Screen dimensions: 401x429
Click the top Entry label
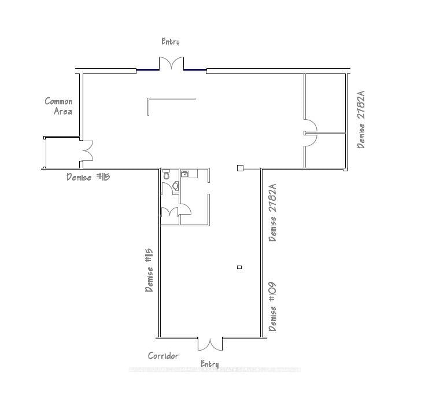coord(171,42)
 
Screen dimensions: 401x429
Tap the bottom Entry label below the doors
coord(209,364)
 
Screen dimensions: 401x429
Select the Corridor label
coord(163,356)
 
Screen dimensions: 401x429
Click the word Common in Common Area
coord(58,101)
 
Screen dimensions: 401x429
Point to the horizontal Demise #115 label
coord(88,177)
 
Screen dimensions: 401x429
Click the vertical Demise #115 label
coord(149,270)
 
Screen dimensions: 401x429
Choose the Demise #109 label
coord(272,306)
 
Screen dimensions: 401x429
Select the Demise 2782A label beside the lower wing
coord(272,212)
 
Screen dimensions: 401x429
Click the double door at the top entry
coord(171,64)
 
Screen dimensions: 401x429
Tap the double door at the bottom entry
coord(210,344)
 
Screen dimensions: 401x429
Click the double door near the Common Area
coord(87,152)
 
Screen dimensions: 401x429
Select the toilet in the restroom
coord(167,174)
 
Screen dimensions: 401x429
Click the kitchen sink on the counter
coord(185,174)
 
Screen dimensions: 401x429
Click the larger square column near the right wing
coord(239,168)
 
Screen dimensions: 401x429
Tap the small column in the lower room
coord(239,267)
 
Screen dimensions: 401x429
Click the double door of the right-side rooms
coord(310,133)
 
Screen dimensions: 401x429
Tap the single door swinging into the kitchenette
coord(185,209)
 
